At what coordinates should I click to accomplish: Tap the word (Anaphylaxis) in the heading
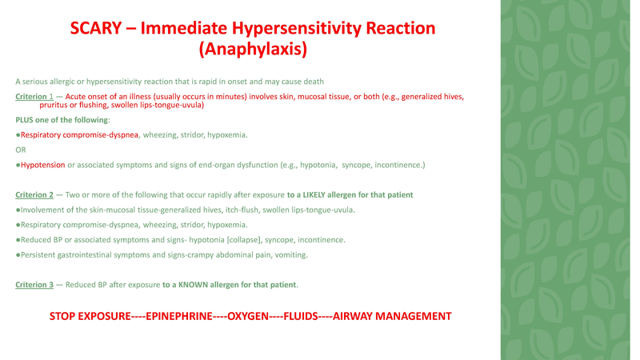(253, 50)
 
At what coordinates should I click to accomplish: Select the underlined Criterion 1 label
(34, 97)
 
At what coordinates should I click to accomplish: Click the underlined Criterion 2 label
(34, 195)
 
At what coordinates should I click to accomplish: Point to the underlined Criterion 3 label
(34, 284)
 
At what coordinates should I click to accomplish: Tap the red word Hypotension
(42, 165)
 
